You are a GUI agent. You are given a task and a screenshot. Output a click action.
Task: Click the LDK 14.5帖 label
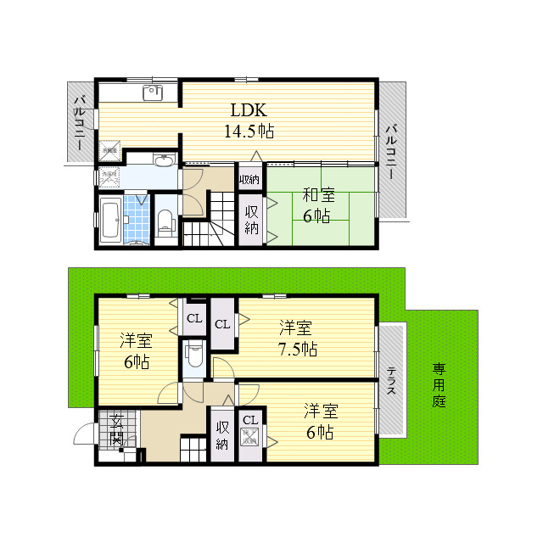249,120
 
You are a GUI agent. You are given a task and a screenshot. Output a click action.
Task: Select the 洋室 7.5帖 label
298,338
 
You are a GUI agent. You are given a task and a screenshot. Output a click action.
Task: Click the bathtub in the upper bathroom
110,221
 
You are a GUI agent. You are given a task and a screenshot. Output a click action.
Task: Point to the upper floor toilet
165,222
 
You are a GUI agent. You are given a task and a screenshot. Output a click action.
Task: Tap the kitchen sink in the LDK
154,92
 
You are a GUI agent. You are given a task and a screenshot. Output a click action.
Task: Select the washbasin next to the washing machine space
164,160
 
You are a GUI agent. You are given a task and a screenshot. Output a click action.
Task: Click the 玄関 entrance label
117,430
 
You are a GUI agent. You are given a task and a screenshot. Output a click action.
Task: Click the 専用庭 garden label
439,384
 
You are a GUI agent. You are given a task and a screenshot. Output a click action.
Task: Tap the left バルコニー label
78,124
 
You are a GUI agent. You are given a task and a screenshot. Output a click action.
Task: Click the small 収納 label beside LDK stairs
249,179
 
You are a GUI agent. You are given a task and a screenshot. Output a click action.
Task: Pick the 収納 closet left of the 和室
252,220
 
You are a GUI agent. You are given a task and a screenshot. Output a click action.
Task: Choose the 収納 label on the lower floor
222,435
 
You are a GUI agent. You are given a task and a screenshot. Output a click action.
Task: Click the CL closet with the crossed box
250,435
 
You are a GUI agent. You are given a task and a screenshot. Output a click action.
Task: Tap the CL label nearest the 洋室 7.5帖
222,323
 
